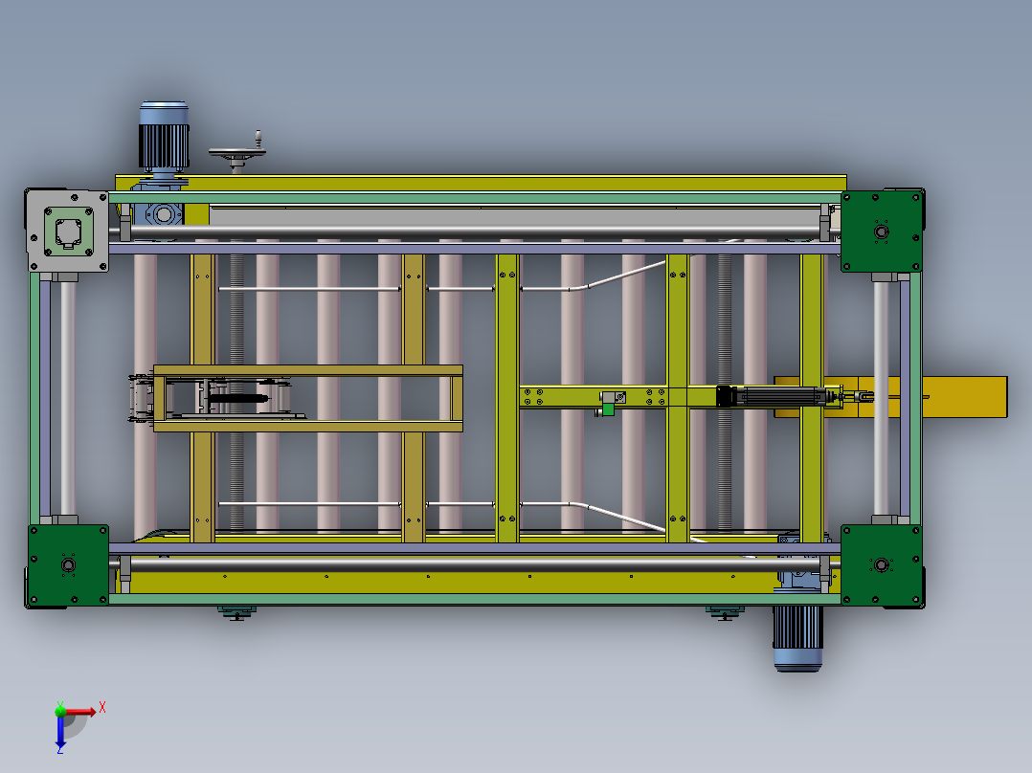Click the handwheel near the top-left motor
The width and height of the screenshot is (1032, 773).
[x=237, y=153]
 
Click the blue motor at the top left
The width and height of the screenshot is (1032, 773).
[x=164, y=138]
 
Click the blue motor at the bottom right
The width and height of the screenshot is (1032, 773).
[x=797, y=638]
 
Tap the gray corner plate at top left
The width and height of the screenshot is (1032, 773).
[x=68, y=231]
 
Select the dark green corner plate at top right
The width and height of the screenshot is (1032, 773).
[x=882, y=231]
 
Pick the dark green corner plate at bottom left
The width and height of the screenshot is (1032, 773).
[x=69, y=564]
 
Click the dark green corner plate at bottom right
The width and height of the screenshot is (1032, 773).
[x=882, y=564]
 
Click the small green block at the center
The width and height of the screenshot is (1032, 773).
[x=608, y=409]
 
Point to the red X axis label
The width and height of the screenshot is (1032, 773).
[x=102, y=708]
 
